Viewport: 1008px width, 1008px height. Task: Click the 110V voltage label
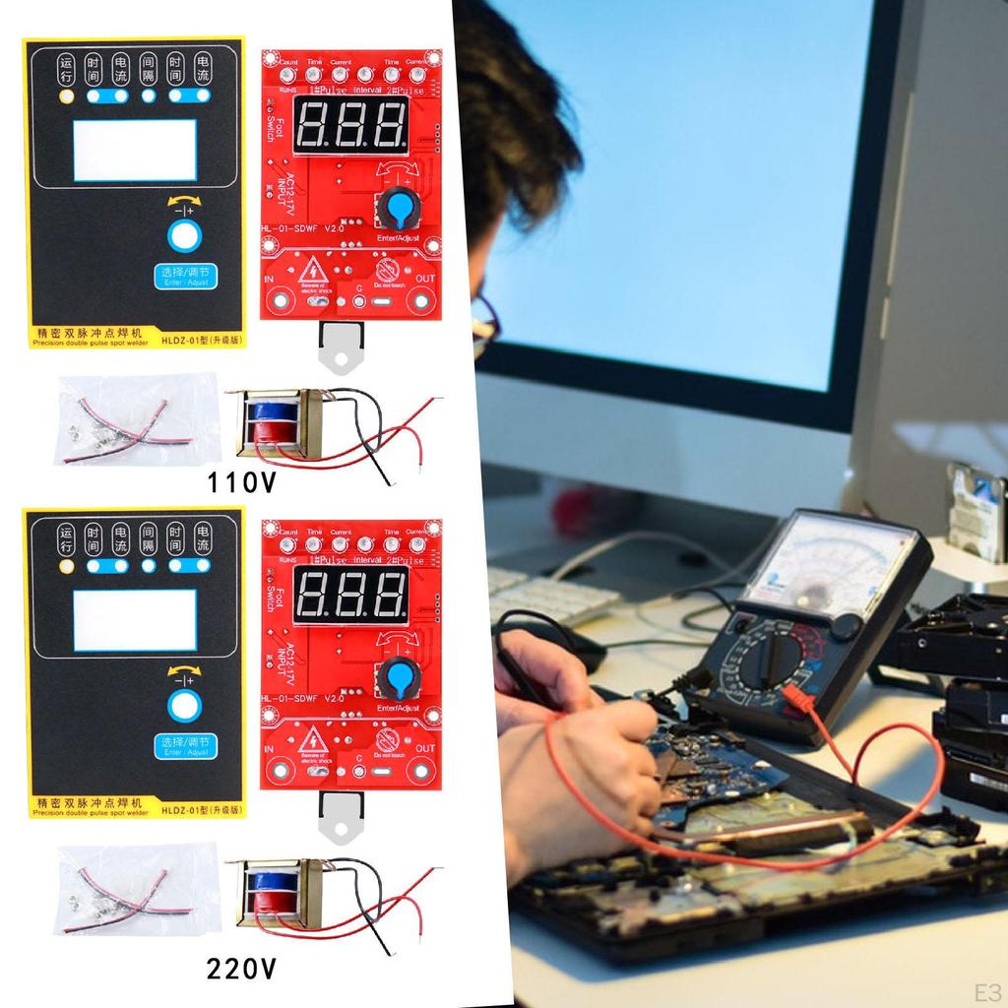(x=241, y=482)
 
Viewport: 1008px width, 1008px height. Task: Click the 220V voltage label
(x=241, y=970)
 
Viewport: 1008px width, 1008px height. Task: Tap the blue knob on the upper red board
(x=398, y=208)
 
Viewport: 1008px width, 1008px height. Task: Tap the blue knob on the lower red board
(x=398, y=677)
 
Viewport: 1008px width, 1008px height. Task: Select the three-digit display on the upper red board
(x=351, y=125)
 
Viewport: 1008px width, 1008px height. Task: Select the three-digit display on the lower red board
(x=351, y=594)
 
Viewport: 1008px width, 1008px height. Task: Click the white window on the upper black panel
(x=134, y=151)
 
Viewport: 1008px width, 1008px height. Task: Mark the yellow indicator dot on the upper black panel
(x=67, y=96)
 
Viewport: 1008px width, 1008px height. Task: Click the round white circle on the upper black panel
(x=183, y=237)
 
